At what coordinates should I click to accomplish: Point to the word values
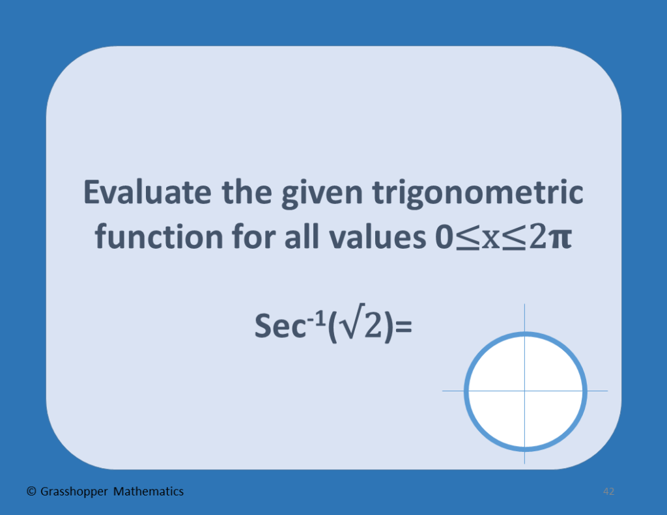point(371,237)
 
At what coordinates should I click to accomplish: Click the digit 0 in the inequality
point(442,238)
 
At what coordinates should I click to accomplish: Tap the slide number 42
point(609,492)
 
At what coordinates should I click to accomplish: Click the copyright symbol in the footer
point(31,492)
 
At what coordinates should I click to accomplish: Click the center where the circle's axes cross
point(525,391)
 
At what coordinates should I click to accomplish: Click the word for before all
point(245,237)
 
